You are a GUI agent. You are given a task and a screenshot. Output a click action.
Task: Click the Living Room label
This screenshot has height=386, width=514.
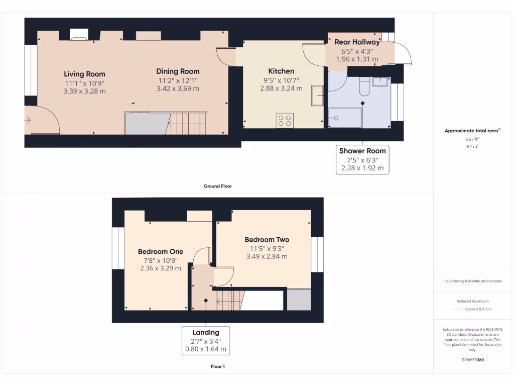click(84, 74)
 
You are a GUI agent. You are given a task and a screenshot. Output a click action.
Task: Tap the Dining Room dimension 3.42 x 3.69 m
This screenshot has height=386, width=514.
click(178, 89)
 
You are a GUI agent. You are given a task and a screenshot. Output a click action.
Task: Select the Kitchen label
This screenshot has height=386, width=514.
click(281, 71)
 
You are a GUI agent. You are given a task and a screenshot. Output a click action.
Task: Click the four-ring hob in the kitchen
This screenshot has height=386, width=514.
click(285, 120)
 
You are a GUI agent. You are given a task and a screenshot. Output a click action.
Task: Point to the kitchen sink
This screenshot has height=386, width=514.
click(317, 95)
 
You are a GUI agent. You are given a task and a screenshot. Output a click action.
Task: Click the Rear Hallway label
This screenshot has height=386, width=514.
click(357, 42)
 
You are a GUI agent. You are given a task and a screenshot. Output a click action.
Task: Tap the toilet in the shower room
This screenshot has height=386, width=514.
click(365, 88)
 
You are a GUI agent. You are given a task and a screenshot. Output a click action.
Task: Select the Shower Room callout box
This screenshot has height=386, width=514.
click(362, 159)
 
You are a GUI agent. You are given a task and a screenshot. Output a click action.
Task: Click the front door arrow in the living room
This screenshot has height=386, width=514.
click(28, 120)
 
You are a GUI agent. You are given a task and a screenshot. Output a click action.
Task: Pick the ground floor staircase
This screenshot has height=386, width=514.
click(188, 123)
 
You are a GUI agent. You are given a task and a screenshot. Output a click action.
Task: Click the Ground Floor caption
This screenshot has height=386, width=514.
click(217, 186)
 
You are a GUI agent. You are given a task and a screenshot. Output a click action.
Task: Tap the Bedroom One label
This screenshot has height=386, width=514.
click(161, 251)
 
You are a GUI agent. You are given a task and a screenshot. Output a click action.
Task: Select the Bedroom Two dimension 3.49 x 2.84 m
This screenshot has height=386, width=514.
click(267, 256)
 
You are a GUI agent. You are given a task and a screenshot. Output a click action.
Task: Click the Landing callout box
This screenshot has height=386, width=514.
click(206, 340)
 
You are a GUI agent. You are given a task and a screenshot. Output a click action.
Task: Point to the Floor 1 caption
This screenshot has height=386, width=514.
click(217, 366)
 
